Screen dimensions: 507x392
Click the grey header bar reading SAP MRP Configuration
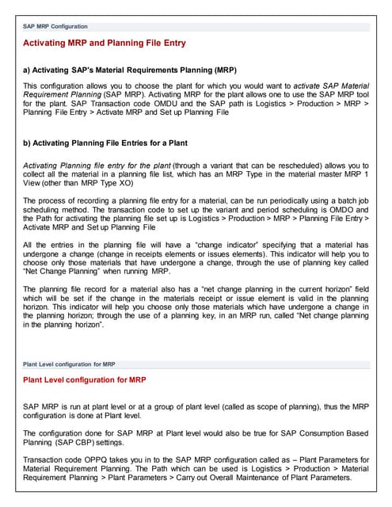pyautogui.click(x=55, y=26)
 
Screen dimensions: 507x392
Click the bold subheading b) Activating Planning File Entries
pyautogui.click(x=117, y=143)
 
